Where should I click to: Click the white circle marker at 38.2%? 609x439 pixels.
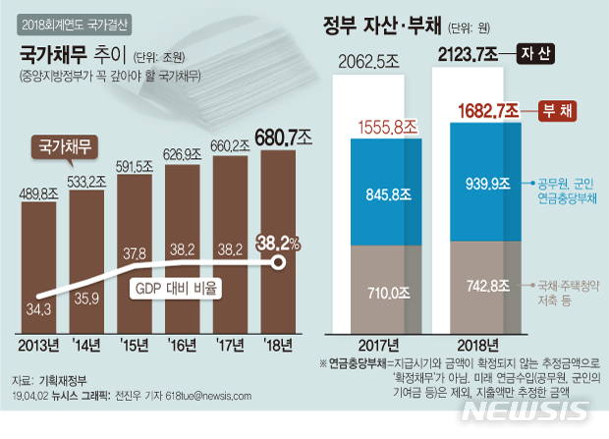tap(279, 263)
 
